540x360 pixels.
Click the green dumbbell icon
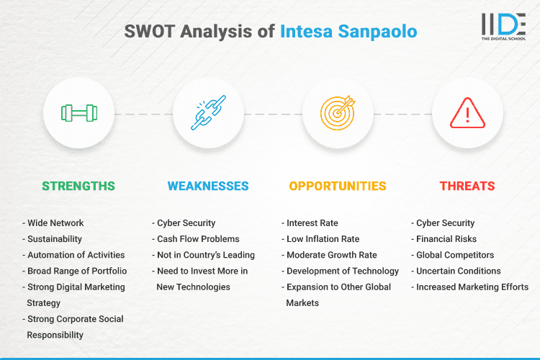(x=78, y=114)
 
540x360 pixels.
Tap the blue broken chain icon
(x=208, y=114)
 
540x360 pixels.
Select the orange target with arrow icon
(x=338, y=114)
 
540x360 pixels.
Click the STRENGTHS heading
(x=78, y=186)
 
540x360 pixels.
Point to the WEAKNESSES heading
(x=208, y=186)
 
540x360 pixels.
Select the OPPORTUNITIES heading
(x=338, y=186)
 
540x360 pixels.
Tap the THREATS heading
(x=467, y=186)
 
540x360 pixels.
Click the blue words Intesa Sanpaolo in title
(x=348, y=32)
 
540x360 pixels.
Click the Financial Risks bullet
(x=446, y=239)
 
